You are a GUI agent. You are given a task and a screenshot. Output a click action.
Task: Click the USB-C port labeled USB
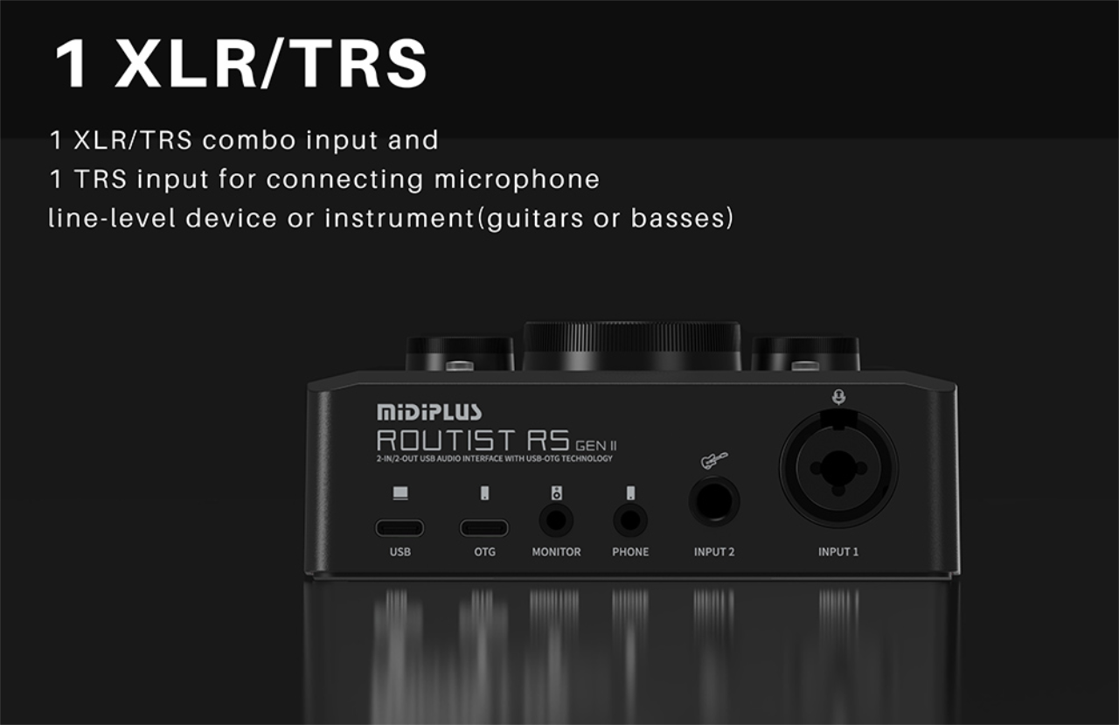pyautogui.click(x=400, y=527)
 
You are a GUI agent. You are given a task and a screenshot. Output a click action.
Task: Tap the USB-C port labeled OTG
pyautogui.click(x=484, y=527)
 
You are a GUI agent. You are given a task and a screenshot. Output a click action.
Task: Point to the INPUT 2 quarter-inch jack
pyautogui.click(x=714, y=503)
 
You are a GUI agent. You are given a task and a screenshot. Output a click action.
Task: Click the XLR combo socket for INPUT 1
pyautogui.click(x=838, y=469)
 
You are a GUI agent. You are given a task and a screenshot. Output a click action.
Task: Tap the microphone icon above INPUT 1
pyautogui.click(x=838, y=398)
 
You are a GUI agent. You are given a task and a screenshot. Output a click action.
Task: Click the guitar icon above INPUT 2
pyautogui.click(x=713, y=460)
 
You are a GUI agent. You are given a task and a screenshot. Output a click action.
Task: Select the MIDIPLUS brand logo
pyautogui.click(x=428, y=412)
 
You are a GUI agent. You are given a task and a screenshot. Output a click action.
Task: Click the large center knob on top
pyautogui.click(x=632, y=345)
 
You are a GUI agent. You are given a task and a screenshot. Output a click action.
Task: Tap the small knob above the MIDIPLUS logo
pyautogui.click(x=460, y=353)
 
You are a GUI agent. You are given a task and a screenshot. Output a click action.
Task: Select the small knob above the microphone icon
pyautogui.click(x=805, y=353)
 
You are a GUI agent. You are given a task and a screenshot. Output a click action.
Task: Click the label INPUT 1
pyautogui.click(x=838, y=552)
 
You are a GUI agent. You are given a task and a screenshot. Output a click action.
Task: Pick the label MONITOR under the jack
pyautogui.click(x=556, y=552)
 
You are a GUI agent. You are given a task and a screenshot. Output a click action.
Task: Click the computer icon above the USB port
pyautogui.click(x=400, y=494)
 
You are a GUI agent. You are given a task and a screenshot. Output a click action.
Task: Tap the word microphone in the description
pyautogui.click(x=517, y=179)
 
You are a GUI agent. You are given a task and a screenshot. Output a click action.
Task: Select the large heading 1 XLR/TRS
pyautogui.click(x=240, y=63)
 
